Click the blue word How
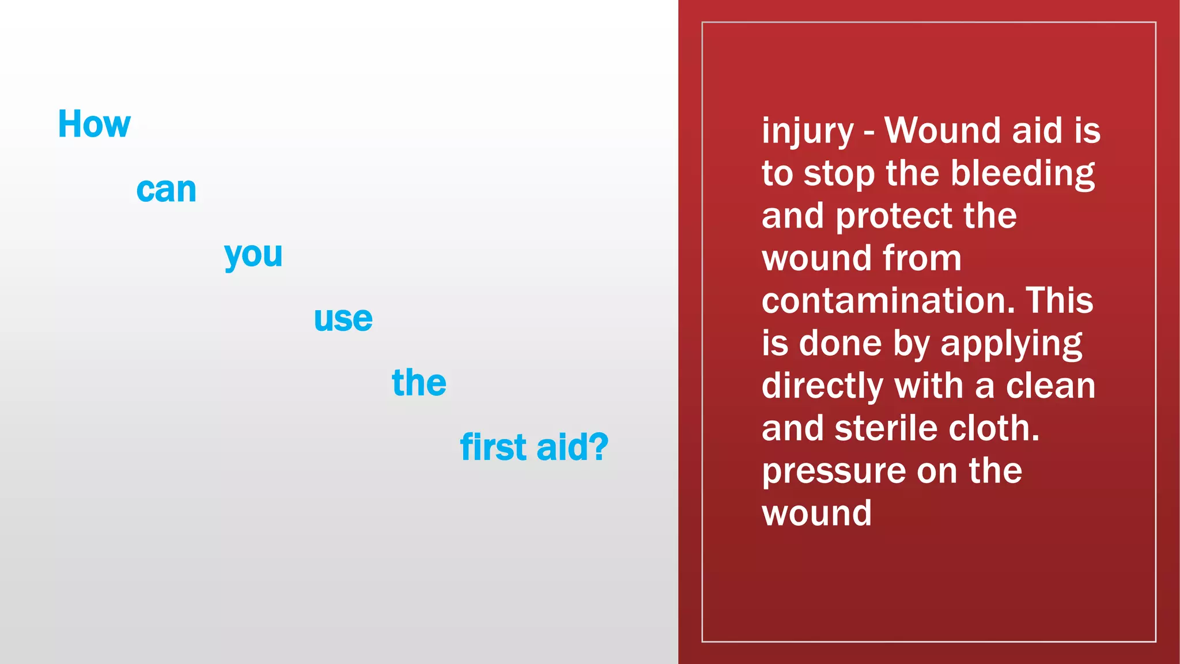94,124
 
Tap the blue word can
166,190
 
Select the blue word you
253,254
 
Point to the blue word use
343,319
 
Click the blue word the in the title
419,383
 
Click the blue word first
493,447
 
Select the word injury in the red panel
807,131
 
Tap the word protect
894,216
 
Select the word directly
822,386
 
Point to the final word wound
816,513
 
